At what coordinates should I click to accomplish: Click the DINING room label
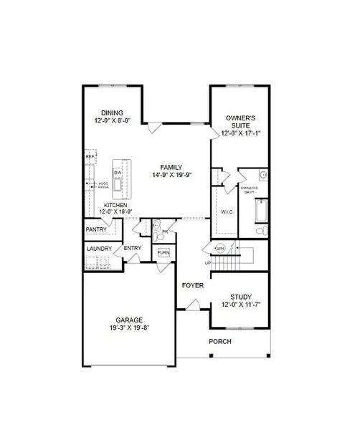(111, 113)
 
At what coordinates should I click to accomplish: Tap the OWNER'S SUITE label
(240, 118)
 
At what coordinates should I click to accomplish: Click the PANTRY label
(96, 229)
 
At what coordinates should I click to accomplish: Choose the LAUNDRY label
(99, 249)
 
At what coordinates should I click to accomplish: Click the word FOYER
(192, 285)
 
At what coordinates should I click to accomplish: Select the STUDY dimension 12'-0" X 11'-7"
(240, 305)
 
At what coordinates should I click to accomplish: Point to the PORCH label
(220, 341)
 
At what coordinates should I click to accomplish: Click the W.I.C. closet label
(225, 211)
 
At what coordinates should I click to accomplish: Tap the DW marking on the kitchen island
(118, 173)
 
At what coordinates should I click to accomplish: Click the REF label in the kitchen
(90, 156)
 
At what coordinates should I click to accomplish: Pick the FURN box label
(164, 253)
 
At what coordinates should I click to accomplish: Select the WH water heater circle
(221, 248)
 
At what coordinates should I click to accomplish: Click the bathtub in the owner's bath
(260, 213)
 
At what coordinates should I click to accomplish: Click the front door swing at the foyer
(191, 307)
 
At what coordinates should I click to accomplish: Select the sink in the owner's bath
(263, 174)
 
